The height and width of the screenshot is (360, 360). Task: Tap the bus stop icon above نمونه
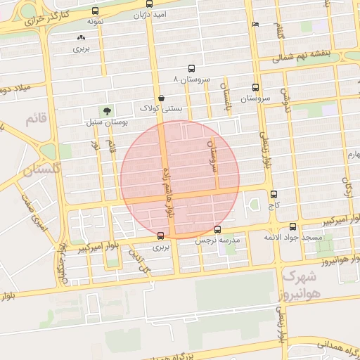(96, 11)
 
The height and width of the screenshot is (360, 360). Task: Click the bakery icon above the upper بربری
(82, 38)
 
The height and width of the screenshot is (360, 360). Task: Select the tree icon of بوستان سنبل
(107, 110)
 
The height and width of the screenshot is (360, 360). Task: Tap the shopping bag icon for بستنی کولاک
(162, 98)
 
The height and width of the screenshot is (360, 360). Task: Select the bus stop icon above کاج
(274, 194)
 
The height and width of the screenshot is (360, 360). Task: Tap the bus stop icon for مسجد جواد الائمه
(292, 226)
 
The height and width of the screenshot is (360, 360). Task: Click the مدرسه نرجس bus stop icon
(217, 229)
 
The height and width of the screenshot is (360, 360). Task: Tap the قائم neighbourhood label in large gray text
(35, 120)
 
